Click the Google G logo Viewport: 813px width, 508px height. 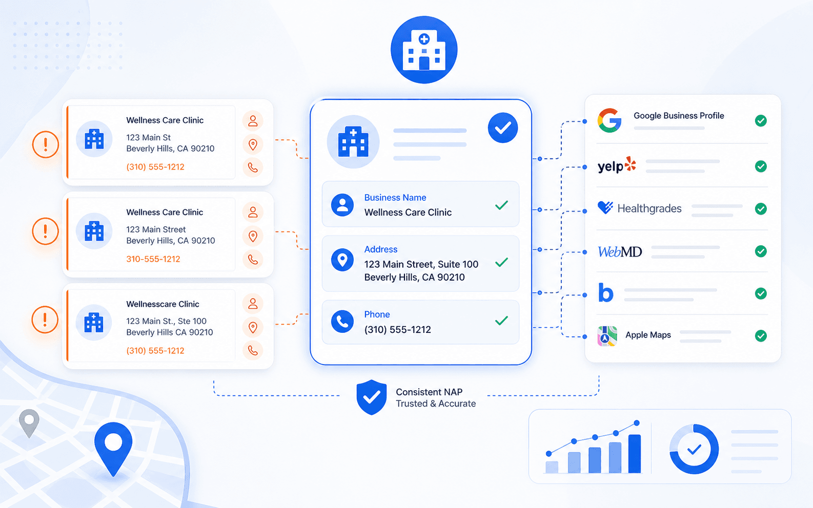(x=609, y=120)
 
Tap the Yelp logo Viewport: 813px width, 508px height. (x=617, y=165)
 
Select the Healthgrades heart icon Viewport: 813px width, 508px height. (x=605, y=208)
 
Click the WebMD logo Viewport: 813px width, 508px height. (x=620, y=251)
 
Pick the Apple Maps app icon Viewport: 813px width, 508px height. (x=607, y=336)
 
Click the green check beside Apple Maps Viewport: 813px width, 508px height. (x=761, y=336)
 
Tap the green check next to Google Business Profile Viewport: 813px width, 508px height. (x=761, y=120)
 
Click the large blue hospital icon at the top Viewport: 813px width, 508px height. (x=424, y=50)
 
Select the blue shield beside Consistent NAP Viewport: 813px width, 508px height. (x=371, y=397)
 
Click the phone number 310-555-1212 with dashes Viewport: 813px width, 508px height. (x=153, y=259)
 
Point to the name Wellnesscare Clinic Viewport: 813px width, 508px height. (x=162, y=304)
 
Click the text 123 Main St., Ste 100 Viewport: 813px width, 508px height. (x=166, y=321)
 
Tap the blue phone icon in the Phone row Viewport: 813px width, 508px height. (x=342, y=321)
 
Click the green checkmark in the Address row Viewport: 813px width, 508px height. (x=502, y=262)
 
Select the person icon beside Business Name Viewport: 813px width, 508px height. (x=342, y=205)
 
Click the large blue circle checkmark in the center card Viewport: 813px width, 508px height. (x=503, y=128)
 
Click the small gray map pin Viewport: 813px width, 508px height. (x=29, y=423)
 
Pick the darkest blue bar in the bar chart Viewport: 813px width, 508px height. (x=635, y=454)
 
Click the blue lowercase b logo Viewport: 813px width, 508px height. (x=606, y=292)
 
